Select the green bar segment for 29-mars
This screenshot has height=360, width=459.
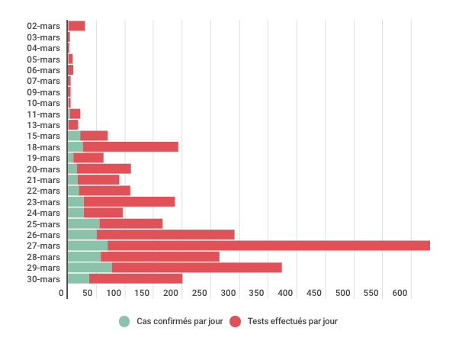[x=89, y=268]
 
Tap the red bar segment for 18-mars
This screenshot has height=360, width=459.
[x=130, y=146]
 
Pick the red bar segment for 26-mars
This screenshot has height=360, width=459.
[x=165, y=234]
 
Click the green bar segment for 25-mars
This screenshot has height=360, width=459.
[x=83, y=223]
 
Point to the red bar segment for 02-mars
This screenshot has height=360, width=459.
[x=76, y=26]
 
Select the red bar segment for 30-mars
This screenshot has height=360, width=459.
[x=136, y=278]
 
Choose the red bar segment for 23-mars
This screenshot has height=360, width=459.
[x=129, y=201]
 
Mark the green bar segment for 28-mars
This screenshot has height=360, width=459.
[x=84, y=256]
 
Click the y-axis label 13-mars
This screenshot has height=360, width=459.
[x=43, y=125]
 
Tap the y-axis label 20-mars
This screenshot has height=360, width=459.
[x=43, y=169]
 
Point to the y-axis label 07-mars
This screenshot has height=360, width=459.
[x=43, y=81]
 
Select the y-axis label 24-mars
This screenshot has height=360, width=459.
[x=43, y=213]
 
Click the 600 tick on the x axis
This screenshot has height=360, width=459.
[x=400, y=293]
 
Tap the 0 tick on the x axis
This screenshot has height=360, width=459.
[x=63, y=293]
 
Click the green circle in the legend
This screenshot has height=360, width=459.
[x=124, y=321]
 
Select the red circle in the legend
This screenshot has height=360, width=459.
[x=236, y=321]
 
